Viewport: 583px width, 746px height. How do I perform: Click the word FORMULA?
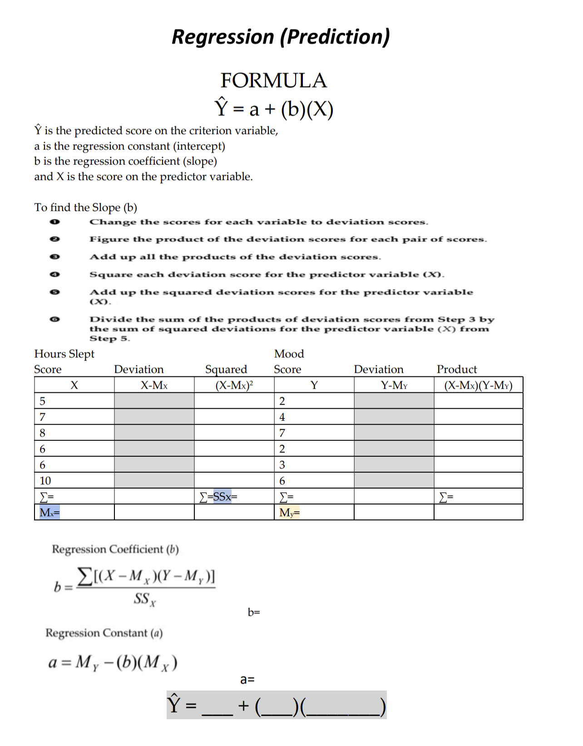pyautogui.click(x=273, y=81)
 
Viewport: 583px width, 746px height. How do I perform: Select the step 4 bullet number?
pyautogui.click(x=54, y=274)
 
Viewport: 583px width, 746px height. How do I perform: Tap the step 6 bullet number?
pyautogui.click(x=54, y=319)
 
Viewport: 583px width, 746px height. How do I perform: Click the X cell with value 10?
pyautogui.click(x=45, y=480)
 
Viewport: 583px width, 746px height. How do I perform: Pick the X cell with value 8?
pyautogui.click(x=43, y=433)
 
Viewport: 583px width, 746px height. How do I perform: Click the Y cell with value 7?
pyautogui.click(x=282, y=433)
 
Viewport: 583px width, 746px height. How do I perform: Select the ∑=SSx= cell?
pyautogui.click(x=219, y=497)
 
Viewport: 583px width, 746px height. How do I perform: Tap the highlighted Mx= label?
pyautogui.click(x=49, y=513)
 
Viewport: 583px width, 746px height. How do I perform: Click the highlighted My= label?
pyautogui.click(x=289, y=513)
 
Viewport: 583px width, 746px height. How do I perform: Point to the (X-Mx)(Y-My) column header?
pyautogui.click(x=478, y=385)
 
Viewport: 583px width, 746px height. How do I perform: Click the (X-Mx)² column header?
pyautogui.click(x=234, y=385)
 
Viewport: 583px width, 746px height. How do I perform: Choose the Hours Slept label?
pyautogui.click(x=64, y=354)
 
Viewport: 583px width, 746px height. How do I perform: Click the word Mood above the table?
pyautogui.click(x=289, y=354)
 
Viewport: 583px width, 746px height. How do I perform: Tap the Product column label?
pyautogui.click(x=457, y=369)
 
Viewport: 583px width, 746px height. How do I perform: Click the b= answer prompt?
pyautogui.click(x=254, y=612)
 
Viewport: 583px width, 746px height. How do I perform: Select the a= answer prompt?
pyautogui.click(x=247, y=679)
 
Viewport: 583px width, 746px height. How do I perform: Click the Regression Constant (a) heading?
pyautogui.click(x=104, y=633)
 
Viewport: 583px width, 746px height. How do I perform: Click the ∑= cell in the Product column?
pyautogui.click(x=446, y=497)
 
